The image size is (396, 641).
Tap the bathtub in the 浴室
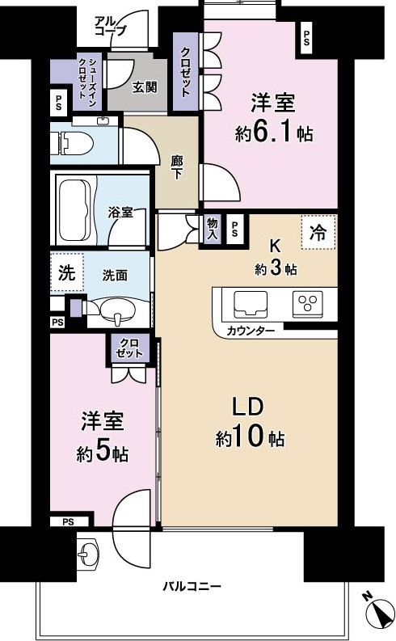75,210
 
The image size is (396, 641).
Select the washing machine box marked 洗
67,272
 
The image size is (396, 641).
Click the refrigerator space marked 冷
318,232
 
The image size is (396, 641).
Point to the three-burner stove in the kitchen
307,304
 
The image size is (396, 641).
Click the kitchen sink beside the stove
250,304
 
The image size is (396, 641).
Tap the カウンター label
251,331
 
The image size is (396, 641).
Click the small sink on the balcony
88,553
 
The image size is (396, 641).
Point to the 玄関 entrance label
145,87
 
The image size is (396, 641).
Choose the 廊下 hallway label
177,167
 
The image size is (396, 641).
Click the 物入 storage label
213,229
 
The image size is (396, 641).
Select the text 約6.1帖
273,133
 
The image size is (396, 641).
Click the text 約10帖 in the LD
250,438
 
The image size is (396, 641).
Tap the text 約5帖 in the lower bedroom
102,453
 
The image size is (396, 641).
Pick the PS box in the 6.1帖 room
306,39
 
